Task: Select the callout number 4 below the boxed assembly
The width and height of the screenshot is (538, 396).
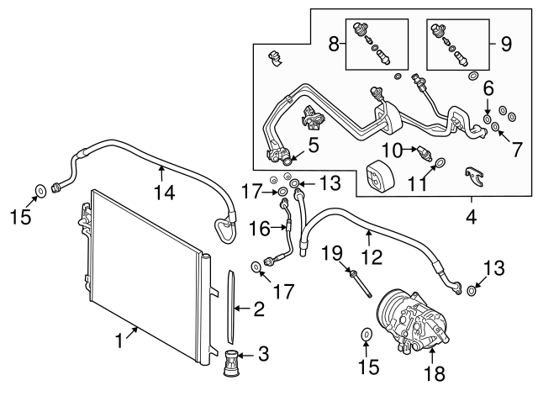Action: (471, 217)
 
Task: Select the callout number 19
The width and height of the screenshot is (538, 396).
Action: (333, 251)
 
